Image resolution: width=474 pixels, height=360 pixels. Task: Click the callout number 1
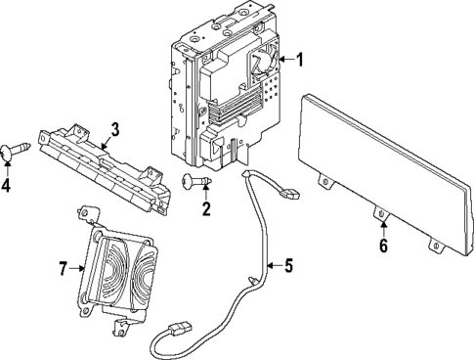[300, 61]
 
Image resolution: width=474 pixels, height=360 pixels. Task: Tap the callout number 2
[206, 207]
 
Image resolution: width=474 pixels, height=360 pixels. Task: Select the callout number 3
[114, 129]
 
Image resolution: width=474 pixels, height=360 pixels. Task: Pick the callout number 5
[287, 264]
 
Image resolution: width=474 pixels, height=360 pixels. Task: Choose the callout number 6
[383, 247]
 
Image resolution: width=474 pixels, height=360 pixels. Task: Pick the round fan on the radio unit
[262, 62]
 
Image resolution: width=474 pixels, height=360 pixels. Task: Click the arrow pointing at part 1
[283, 61]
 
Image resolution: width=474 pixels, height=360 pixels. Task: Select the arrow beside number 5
[271, 264]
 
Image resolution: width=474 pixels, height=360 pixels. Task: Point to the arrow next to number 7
[78, 266]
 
